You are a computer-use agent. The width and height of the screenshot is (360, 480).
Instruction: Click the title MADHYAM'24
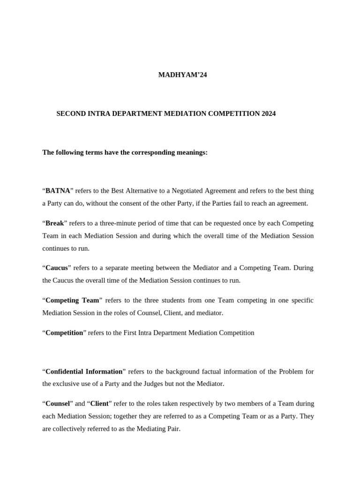point(182,75)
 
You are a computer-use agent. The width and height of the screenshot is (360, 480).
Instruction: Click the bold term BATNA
point(58,191)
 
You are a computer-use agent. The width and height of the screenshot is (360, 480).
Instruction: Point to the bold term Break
point(54,223)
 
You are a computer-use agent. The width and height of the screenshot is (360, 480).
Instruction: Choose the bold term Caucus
point(56,268)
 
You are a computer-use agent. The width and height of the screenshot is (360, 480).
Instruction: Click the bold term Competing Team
point(72,300)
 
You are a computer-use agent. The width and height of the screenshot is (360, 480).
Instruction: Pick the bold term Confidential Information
point(84,371)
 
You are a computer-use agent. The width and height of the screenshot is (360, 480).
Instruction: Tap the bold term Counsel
point(58,403)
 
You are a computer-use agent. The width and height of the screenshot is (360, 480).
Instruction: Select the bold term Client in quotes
point(99,403)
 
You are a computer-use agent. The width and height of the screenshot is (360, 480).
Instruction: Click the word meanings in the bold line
point(191,152)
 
